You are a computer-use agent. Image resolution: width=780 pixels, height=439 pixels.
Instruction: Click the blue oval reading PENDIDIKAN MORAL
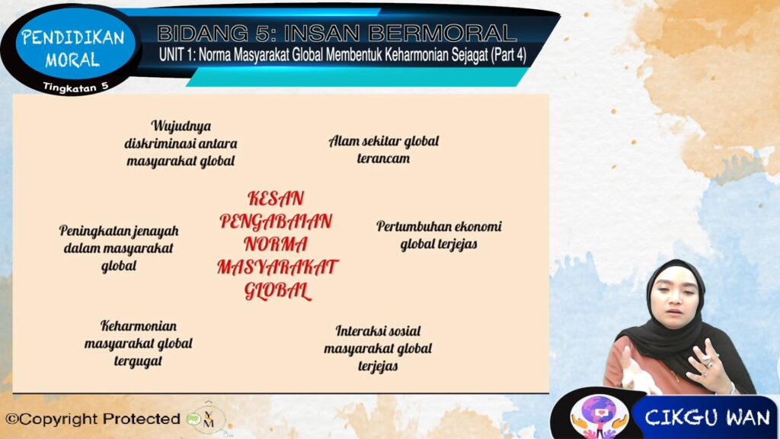(74, 48)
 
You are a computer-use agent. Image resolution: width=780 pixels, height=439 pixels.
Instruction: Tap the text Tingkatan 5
(75, 87)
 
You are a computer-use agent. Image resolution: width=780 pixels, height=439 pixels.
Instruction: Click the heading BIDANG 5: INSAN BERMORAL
(337, 34)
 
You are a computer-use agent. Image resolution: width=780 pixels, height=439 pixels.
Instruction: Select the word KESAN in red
(276, 199)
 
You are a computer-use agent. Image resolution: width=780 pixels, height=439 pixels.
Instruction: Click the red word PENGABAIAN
(276, 222)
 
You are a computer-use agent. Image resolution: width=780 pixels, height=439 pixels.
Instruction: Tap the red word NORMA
(276, 245)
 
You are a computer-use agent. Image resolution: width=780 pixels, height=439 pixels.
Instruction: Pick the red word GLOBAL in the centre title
(277, 290)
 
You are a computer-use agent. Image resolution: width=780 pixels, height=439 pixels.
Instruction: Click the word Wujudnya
(181, 127)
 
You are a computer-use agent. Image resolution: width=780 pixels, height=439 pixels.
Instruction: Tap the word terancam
(384, 159)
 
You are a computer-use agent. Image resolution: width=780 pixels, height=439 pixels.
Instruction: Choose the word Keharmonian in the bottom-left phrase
(139, 326)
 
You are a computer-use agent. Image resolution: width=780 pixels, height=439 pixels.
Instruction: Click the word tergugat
(139, 360)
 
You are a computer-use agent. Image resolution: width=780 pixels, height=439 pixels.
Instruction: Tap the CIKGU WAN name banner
(707, 418)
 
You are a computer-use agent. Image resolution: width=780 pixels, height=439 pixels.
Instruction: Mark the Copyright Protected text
(92, 419)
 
